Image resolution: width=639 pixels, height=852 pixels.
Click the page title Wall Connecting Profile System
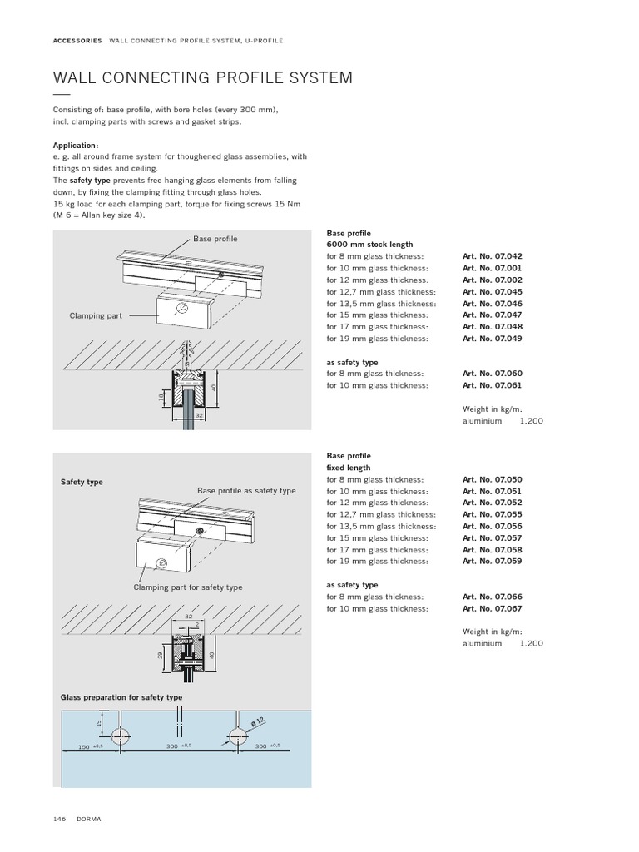pyautogui.click(x=202, y=78)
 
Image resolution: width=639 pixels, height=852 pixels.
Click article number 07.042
pyautogui.click(x=493, y=257)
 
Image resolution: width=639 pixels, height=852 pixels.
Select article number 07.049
pyautogui.click(x=493, y=339)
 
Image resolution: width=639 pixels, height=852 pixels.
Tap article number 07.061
pyautogui.click(x=493, y=385)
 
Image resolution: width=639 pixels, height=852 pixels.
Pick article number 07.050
pyautogui.click(x=493, y=480)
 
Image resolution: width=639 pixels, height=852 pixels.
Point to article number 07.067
pyautogui.click(x=493, y=609)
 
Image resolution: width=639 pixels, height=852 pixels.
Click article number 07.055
pyautogui.click(x=493, y=515)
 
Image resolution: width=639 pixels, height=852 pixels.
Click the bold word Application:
pyautogui.click(x=76, y=145)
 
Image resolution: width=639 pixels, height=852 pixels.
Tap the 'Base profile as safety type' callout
pyautogui.click(x=246, y=491)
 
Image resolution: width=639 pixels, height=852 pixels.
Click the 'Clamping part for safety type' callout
pyautogui.click(x=188, y=587)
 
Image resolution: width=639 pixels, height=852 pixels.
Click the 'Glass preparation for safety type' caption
pyautogui.click(x=121, y=697)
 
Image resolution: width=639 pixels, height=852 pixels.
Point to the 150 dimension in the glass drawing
pyautogui.click(x=84, y=747)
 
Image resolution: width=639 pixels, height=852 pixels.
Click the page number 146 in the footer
pyautogui.click(x=60, y=820)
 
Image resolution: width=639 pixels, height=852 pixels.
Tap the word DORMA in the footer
pyautogui.click(x=89, y=820)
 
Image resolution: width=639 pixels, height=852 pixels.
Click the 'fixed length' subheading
pyautogui.click(x=349, y=468)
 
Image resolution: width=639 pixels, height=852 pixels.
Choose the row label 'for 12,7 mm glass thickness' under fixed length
pyautogui.click(x=381, y=515)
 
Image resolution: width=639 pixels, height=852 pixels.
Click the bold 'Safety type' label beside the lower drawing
pyautogui.click(x=82, y=482)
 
